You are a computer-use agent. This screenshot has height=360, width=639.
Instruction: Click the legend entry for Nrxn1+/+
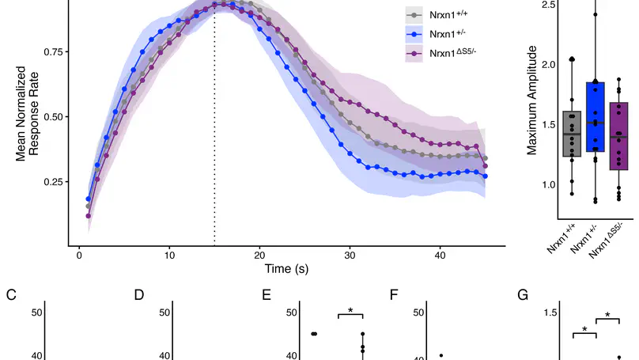(x=445, y=15)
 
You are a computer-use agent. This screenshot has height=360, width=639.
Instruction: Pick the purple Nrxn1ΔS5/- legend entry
(x=447, y=54)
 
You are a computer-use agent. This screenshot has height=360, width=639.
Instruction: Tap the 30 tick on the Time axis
(x=350, y=256)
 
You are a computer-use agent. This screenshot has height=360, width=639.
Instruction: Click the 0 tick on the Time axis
(x=79, y=256)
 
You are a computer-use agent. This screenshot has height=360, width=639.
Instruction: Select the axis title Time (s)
(x=286, y=269)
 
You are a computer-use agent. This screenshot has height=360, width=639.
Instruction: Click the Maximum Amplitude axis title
(x=532, y=100)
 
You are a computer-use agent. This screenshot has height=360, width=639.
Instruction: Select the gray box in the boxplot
(x=571, y=134)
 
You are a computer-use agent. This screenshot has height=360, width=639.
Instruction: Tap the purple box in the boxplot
(x=619, y=136)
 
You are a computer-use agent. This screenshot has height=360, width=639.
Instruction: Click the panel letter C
(x=11, y=295)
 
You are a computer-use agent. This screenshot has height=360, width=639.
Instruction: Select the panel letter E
(x=267, y=295)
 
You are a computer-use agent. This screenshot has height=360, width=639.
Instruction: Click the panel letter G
(x=522, y=295)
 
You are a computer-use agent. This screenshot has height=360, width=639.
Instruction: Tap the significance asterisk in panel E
(x=350, y=311)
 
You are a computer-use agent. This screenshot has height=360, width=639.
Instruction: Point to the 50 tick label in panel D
(x=164, y=313)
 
